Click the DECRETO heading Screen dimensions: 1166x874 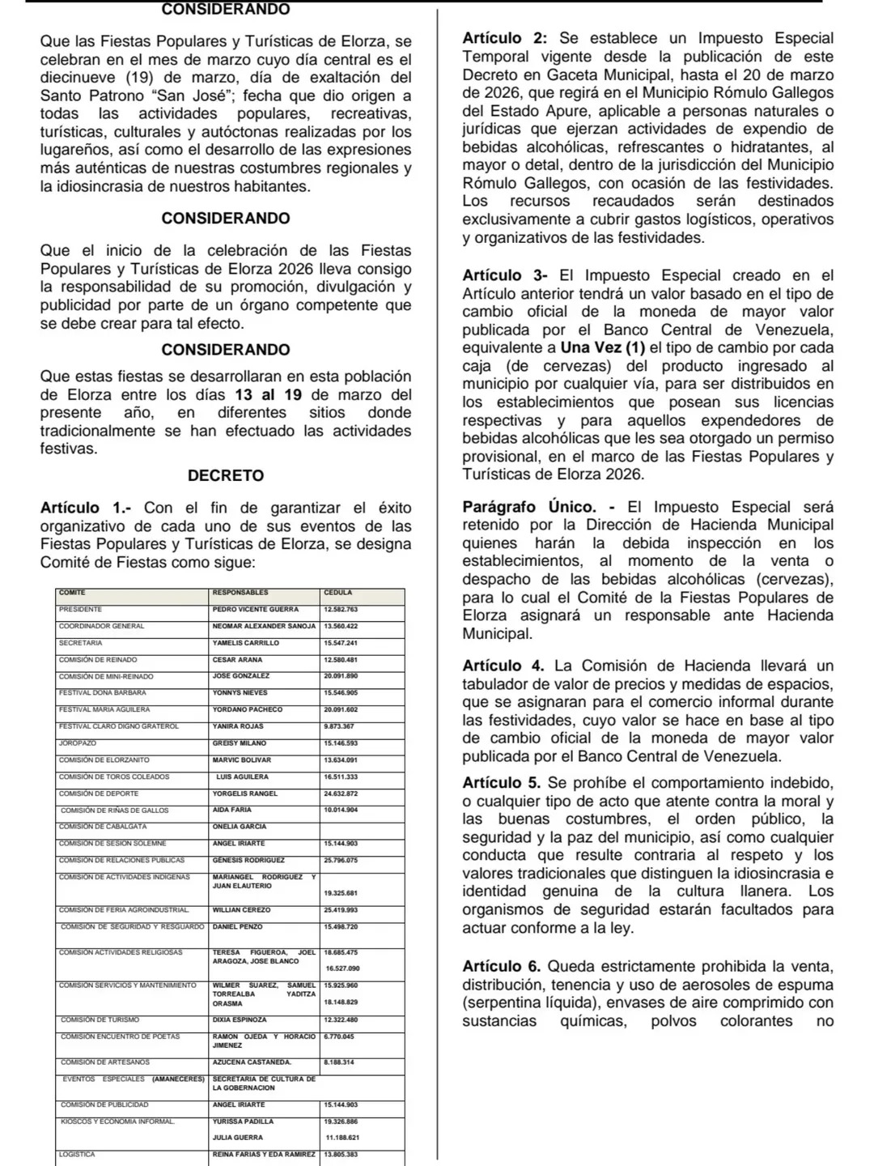click(x=226, y=475)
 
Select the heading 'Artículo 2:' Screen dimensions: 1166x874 click(x=506, y=38)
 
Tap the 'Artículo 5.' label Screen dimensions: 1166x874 click(x=503, y=783)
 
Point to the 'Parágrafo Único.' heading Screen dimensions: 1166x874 click(x=528, y=507)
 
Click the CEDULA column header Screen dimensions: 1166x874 click(x=337, y=593)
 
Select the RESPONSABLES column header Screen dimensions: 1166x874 click(x=240, y=593)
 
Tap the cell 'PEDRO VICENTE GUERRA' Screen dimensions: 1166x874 click(x=256, y=609)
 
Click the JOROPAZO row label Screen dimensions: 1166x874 click(x=78, y=743)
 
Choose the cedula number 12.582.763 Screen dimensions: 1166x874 click(x=341, y=609)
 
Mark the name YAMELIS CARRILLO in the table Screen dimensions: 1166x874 click(x=246, y=642)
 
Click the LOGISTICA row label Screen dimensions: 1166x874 click(x=77, y=1154)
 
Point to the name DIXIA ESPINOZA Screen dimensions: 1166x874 click(x=240, y=1019)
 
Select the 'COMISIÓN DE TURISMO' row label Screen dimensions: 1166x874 click(x=100, y=1019)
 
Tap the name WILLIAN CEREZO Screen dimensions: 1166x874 click(x=242, y=910)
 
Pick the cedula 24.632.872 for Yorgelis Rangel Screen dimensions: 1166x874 click(x=341, y=794)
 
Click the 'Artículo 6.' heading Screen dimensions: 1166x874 click(x=503, y=966)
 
